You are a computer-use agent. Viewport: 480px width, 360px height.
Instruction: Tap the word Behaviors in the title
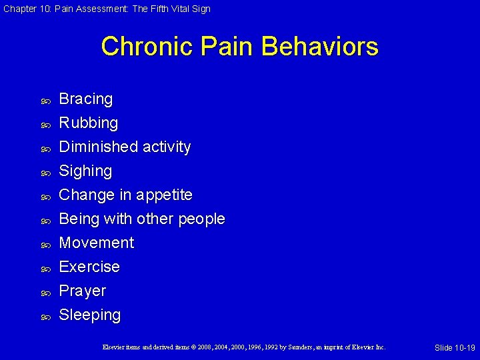tap(320, 47)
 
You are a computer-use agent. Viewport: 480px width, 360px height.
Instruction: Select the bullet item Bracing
tap(86, 99)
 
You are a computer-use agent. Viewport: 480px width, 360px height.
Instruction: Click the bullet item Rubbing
tap(89, 123)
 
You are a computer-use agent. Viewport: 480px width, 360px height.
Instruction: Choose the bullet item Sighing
tap(85, 171)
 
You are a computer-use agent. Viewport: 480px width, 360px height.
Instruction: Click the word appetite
tap(165, 195)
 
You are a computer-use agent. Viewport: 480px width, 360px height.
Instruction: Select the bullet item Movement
tap(97, 243)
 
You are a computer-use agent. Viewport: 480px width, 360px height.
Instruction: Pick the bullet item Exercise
tap(89, 267)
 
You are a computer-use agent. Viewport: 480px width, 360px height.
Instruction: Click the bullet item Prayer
tap(83, 291)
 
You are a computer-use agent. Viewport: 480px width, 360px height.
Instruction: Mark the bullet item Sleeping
tap(90, 315)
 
